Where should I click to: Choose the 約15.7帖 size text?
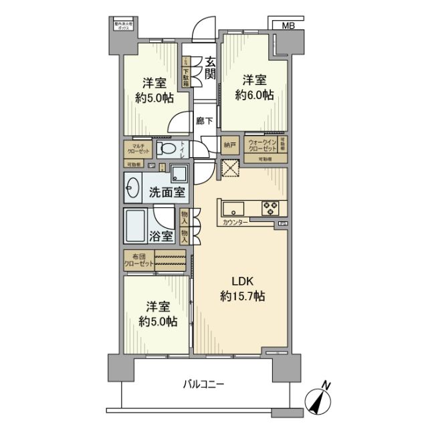point(241,296)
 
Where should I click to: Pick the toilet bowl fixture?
point(170,148)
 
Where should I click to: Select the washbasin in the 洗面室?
point(134,189)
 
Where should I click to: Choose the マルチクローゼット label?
point(139,148)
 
